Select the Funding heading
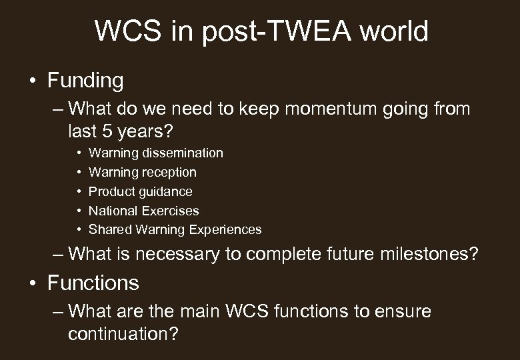point(85,81)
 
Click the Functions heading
point(93,283)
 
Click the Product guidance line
point(140,192)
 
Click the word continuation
point(123,333)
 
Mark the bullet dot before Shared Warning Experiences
point(79,230)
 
